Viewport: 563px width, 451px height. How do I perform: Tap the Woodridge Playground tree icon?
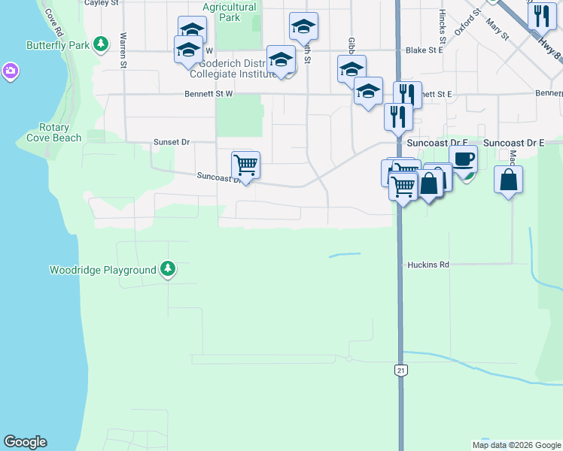(x=168, y=269)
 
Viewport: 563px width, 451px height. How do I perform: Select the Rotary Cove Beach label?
(x=54, y=133)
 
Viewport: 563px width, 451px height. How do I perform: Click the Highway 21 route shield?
(x=400, y=370)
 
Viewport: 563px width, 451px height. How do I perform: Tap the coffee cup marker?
(x=463, y=159)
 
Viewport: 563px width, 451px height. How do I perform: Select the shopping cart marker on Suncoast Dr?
(x=245, y=165)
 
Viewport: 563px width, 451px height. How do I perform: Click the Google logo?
(x=25, y=442)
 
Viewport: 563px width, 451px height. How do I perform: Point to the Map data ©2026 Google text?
(x=516, y=445)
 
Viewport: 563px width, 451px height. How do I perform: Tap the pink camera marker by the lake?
(x=10, y=71)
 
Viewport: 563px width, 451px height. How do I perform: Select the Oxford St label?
(x=467, y=23)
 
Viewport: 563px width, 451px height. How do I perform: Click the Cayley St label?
(x=102, y=3)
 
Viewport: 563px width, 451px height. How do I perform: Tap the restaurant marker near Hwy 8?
(x=542, y=16)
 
